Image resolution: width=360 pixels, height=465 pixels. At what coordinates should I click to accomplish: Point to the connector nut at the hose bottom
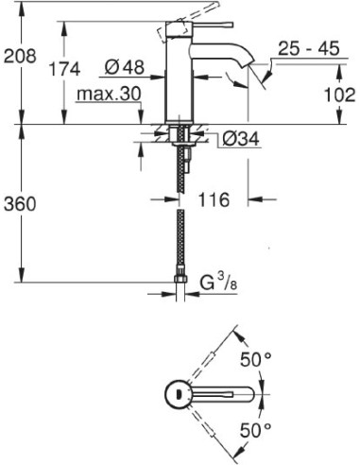[180, 281]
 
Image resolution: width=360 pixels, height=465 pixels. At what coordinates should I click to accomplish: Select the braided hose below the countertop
[180, 227]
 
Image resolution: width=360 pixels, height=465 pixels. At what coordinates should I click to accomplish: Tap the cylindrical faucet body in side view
[180, 76]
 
